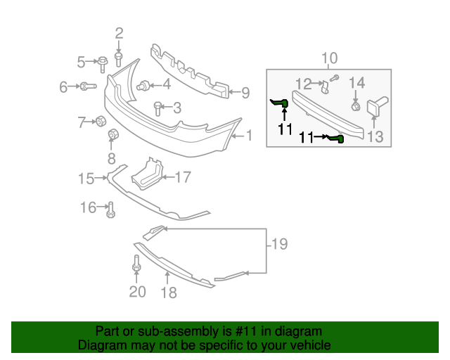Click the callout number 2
[119, 32]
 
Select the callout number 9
[245, 92]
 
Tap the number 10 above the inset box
[329, 58]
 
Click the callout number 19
[279, 245]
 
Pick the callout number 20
[137, 291]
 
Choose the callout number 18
[169, 292]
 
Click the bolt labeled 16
[111, 209]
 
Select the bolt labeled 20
[136, 266]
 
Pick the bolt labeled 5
[103, 63]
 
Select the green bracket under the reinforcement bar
[337, 139]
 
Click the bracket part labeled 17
[148, 173]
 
